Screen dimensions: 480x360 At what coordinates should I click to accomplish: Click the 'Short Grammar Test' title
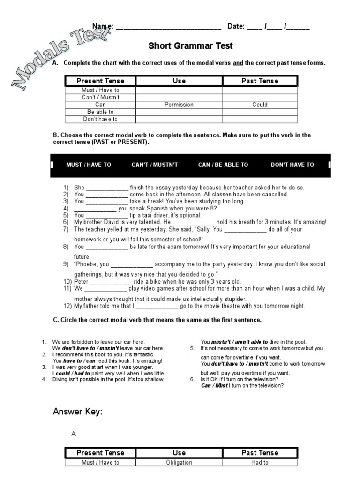pos(190,46)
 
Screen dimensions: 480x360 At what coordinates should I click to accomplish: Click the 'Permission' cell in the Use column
pos(179,105)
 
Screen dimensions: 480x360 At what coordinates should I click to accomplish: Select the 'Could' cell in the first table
pos(260,105)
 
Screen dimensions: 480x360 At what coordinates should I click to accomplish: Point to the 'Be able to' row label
pos(100,112)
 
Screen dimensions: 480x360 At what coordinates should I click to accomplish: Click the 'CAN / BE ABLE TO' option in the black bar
pos(223,165)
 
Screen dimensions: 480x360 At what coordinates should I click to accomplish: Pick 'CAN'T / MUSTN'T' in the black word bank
pos(155,165)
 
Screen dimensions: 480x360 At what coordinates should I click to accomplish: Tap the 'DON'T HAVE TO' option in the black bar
pos(292,165)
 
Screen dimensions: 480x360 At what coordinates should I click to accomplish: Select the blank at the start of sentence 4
pos(96,209)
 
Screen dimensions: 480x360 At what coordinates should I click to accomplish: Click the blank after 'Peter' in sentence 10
pos(111,282)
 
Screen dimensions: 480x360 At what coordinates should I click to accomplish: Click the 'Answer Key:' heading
pos(77,412)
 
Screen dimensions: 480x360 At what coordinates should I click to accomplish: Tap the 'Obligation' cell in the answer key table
pos(179,463)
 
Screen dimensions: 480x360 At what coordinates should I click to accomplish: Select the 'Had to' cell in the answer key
pos(260,463)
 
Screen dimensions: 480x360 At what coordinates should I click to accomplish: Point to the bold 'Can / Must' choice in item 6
pos(214,386)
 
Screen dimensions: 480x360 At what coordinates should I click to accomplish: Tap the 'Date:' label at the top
pos(236,26)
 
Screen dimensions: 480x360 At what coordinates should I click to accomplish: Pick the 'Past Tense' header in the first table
pos(260,81)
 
